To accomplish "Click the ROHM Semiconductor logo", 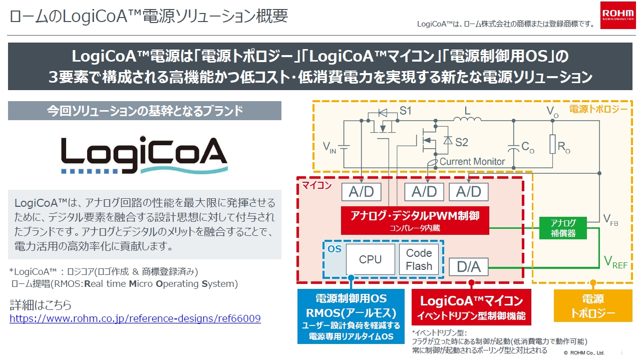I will tap(618, 15).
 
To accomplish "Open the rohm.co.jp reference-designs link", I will tap(135, 318).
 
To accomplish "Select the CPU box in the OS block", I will tap(370, 259).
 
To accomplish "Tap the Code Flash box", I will tap(419, 259).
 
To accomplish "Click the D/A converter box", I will tap(468, 267).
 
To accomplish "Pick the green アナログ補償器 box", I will tap(563, 228).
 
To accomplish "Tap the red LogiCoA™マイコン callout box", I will tap(471, 307).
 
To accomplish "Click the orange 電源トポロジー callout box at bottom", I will tap(592, 306).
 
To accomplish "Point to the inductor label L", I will tap(468, 110).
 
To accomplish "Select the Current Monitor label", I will tap(472, 162).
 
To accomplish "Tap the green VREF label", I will tap(615, 261).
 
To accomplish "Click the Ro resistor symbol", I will tap(552, 144).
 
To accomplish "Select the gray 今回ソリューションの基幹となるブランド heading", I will tap(145, 111).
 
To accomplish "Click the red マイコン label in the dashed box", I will tap(316, 186).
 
